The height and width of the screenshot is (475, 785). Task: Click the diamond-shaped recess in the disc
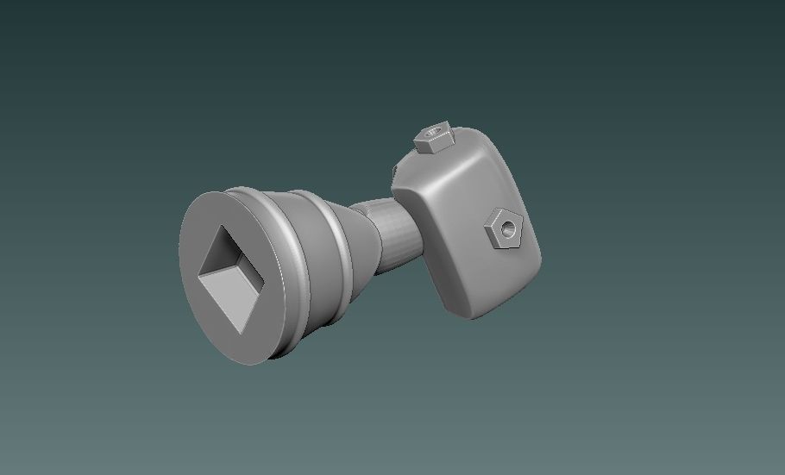point(231,274)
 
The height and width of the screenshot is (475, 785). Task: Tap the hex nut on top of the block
point(433,136)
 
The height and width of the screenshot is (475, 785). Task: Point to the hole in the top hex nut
point(434,133)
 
